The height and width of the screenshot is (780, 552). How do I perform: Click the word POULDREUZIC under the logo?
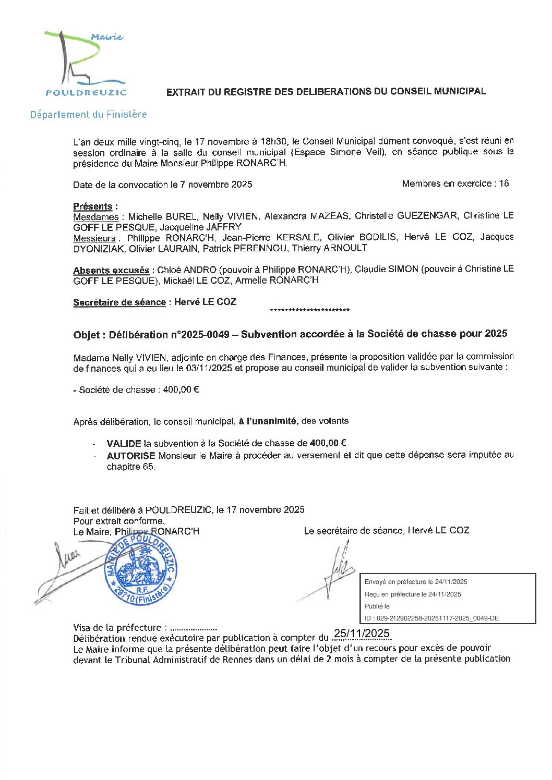tap(86, 93)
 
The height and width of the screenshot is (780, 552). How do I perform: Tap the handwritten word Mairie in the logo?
tap(107, 37)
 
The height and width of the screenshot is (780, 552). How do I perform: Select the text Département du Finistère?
tap(88, 114)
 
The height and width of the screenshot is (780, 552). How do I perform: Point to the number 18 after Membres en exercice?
tap(503, 184)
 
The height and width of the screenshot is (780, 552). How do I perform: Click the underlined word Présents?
tap(93, 206)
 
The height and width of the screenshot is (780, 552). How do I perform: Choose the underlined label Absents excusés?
tap(111, 270)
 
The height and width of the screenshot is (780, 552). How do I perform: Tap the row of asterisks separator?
tap(310, 311)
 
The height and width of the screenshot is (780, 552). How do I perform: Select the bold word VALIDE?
tap(124, 444)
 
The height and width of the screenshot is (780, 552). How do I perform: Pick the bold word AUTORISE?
tap(131, 456)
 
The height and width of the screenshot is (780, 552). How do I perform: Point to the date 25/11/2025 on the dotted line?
tap(362, 633)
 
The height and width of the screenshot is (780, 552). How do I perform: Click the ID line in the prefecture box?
tap(431, 618)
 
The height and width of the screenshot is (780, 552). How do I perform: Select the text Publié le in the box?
tap(377, 606)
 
